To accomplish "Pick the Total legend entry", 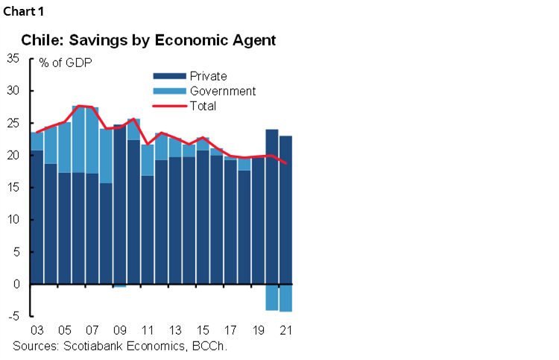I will coord(203,106).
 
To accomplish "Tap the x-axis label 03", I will coord(36,330).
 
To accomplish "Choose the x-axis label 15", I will coord(202,330).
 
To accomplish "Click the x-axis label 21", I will coord(285,330).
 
